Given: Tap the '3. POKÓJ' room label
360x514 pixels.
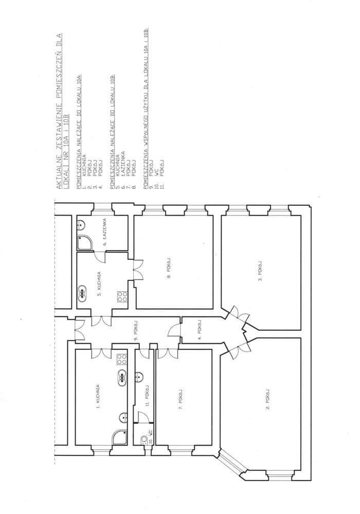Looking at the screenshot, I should click(260, 273).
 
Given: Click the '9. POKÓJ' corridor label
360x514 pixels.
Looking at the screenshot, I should click(136, 331).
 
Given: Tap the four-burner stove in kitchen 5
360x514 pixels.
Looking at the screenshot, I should click(122, 296).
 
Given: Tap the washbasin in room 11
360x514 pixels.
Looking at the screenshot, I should click(139, 377).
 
